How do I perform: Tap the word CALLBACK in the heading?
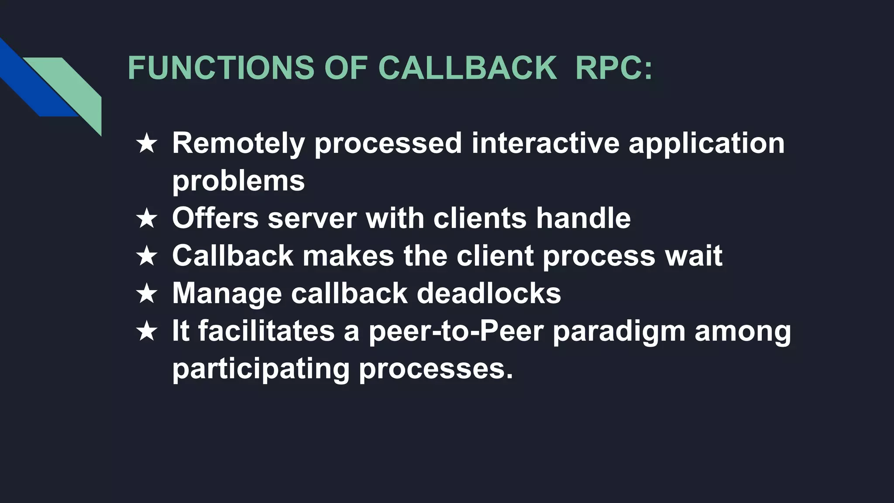(x=467, y=68)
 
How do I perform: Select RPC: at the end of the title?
(x=614, y=68)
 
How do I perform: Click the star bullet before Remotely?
(x=147, y=144)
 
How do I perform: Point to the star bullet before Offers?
(x=147, y=218)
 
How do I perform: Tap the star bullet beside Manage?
(x=147, y=293)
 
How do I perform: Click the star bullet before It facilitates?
(x=147, y=331)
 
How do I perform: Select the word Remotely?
(x=238, y=144)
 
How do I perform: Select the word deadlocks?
(x=488, y=293)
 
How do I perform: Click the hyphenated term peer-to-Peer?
(x=456, y=331)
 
